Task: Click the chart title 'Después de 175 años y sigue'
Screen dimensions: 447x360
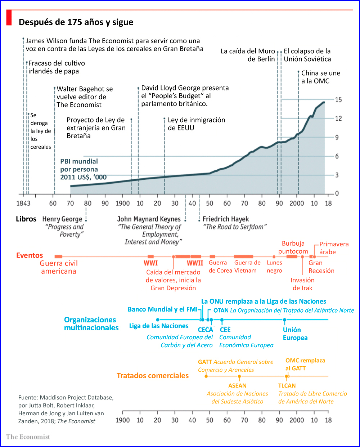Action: tap(76, 22)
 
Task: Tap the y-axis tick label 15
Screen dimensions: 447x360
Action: tap(338, 100)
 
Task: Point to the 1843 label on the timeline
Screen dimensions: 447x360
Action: tap(23, 204)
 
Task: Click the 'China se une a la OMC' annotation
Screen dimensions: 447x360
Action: tap(320, 77)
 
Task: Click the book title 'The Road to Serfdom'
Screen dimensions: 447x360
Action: tap(235, 227)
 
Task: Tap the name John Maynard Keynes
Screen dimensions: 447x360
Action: tap(149, 219)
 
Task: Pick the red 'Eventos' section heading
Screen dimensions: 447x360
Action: tap(30, 255)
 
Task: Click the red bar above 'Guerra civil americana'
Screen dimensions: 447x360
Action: tap(58, 256)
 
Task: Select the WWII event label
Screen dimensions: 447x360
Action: tap(195, 263)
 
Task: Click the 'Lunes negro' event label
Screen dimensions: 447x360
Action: tap(274, 267)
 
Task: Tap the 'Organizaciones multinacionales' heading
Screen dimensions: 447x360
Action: tap(91, 324)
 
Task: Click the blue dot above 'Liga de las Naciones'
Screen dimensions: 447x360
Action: tap(158, 320)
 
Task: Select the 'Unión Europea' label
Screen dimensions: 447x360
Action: tap(295, 334)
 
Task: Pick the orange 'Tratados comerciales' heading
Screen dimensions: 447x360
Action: tap(153, 376)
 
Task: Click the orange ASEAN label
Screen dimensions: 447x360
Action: tap(237, 386)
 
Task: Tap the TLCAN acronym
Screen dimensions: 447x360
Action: tap(287, 386)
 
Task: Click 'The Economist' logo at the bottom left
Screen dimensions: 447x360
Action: tap(28, 437)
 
